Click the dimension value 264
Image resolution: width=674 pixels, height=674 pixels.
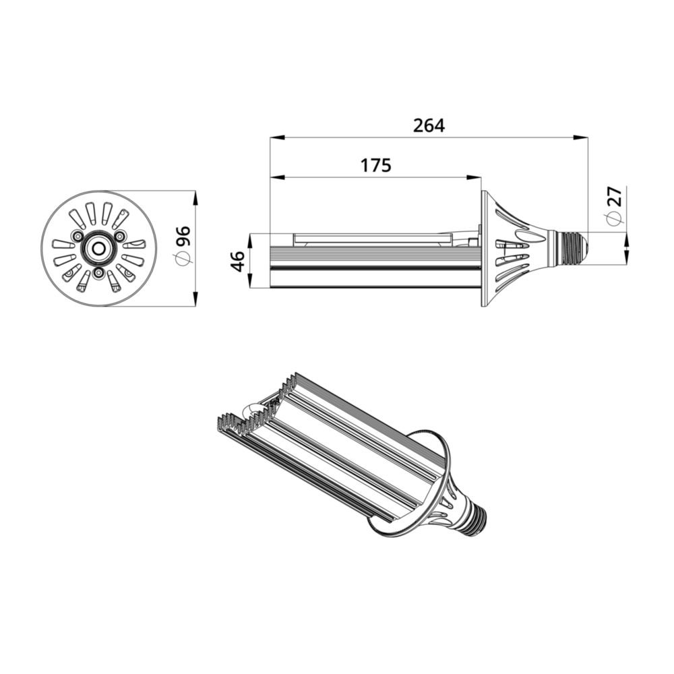pos(429,125)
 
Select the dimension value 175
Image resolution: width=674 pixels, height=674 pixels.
pos(375,166)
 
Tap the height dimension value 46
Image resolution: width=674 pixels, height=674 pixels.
pos(237,261)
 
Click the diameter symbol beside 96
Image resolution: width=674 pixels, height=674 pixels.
pos(183,259)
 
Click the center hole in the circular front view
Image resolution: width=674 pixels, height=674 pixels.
pos(98,249)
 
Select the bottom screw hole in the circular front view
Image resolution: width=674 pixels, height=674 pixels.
pos(98,273)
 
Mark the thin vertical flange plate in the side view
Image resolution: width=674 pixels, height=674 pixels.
pos(483,248)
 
